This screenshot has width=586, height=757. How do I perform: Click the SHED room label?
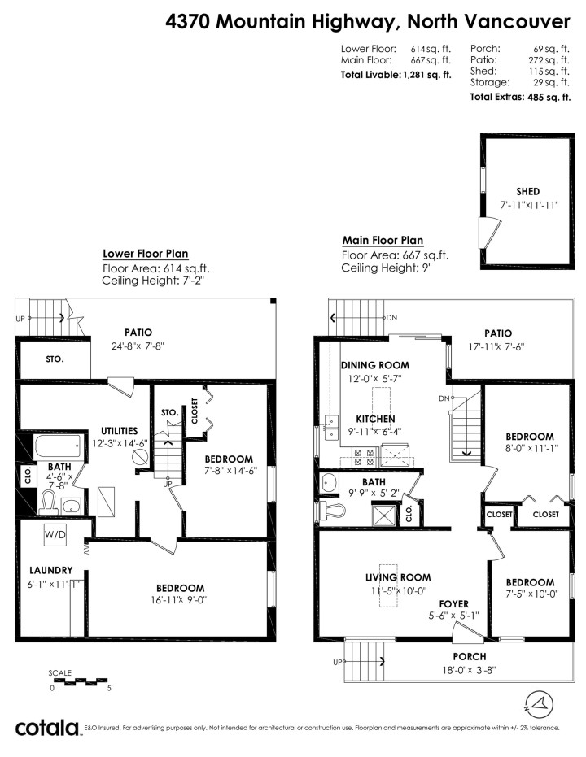(527, 191)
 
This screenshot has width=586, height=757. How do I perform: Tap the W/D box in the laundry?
(55, 536)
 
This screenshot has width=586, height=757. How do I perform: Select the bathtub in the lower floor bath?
(57, 446)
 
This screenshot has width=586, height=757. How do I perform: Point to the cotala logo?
(47, 727)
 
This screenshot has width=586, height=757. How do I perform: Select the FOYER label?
(453, 603)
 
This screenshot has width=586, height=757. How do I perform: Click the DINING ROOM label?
(374, 366)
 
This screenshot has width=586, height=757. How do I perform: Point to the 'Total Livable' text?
(370, 75)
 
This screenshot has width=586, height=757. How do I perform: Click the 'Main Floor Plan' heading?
(383, 240)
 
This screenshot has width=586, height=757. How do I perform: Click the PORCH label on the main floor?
(470, 656)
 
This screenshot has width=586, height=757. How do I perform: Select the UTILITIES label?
(120, 430)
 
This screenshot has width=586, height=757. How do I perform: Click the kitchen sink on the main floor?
(331, 421)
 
